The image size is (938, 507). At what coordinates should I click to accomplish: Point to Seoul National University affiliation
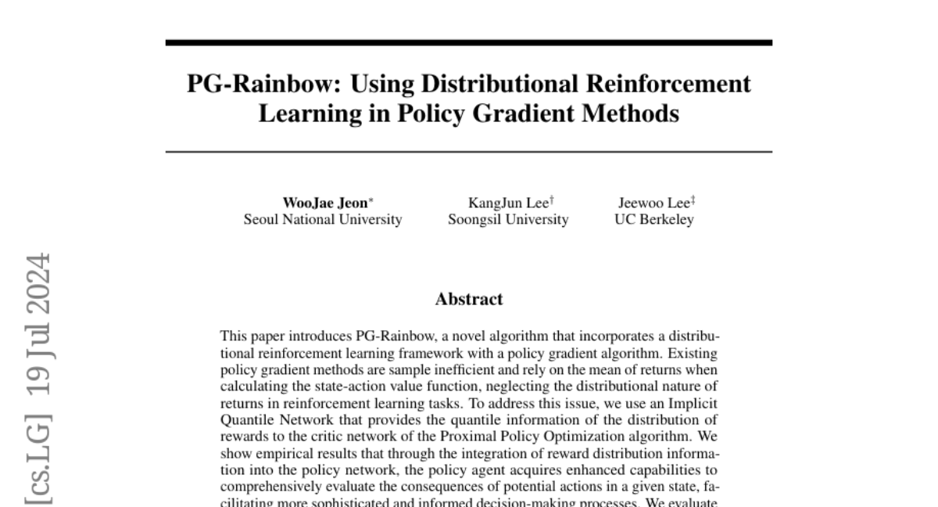pyautogui.click(x=323, y=220)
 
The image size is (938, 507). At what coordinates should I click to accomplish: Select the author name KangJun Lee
pyautogui.click(x=506, y=203)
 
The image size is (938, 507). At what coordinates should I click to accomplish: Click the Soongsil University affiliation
pyautogui.click(x=508, y=220)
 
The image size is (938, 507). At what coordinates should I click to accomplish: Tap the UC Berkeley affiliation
pyautogui.click(x=654, y=220)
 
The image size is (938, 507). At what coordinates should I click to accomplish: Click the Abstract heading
pyautogui.click(x=469, y=299)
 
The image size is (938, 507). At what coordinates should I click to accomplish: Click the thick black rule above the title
pyautogui.click(x=469, y=42)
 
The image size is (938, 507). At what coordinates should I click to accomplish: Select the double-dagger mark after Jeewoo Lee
pyautogui.click(x=692, y=200)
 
